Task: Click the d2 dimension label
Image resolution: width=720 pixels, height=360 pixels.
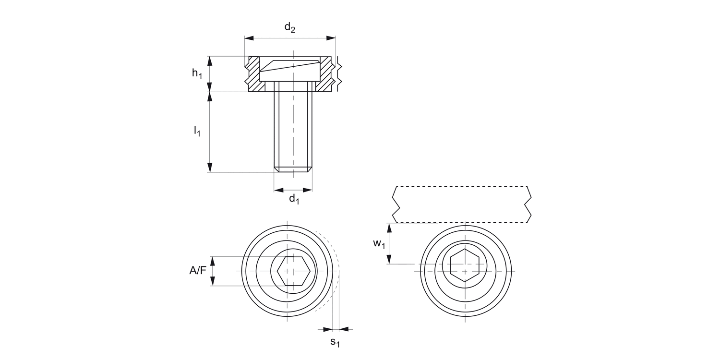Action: point(289,28)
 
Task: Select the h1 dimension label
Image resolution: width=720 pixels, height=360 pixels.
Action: point(197,73)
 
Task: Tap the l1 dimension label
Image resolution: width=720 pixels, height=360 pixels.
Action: point(197,131)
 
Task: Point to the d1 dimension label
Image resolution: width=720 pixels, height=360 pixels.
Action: point(294,199)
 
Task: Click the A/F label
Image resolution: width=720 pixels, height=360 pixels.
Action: point(197,271)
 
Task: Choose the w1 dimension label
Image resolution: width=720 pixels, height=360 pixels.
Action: point(379,244)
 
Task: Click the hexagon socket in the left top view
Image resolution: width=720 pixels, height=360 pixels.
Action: point(293,271)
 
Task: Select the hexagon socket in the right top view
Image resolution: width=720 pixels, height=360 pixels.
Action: point(465,264)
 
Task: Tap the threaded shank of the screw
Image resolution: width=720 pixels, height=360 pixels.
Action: point(293,130)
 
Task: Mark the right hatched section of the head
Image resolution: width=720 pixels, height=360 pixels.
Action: point(326,74)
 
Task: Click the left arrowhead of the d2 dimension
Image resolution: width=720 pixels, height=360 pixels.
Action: point(249,37)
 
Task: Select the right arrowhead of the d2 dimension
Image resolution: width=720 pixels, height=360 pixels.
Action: point(331,37)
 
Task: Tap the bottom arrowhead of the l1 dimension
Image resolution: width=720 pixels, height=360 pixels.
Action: point(210,168)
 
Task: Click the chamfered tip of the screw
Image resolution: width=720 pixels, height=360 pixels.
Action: point(293,169)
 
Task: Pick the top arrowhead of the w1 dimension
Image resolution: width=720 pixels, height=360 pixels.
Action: point(389,228)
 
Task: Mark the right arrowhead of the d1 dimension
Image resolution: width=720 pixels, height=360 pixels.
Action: point(308,190)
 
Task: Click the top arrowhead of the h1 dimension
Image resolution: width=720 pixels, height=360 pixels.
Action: point(210,60)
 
